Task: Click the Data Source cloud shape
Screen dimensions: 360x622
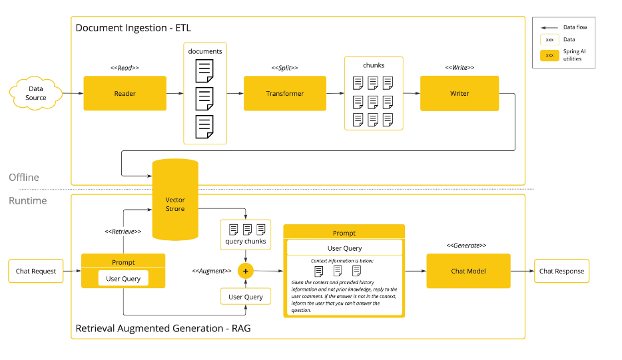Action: [x=36, y=93]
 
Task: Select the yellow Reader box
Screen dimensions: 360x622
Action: [x=125, y=93]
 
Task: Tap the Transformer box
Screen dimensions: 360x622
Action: [x=284, y=93]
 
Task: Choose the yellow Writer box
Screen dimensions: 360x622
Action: [x=459, y=93]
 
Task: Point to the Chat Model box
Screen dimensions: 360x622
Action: [x=468, y=271]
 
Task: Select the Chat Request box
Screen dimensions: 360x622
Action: [x=36, y=271]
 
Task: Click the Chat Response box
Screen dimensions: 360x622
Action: [x=561, y=271]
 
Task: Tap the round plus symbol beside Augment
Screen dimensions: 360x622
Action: [x=246, y=271]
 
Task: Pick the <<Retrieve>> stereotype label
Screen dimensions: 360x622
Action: [x=123, y=232]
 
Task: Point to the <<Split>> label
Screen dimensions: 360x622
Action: [x=284, y=68]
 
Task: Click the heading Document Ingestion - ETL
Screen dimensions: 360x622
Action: [x=133, y=28]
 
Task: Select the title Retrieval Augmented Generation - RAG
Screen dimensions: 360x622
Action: [x=163, y=328]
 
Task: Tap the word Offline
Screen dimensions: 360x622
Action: [x=24, y=178]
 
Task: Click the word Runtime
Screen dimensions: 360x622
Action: [x=28, y=200]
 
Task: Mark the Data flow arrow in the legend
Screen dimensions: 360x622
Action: [x=549, y=27]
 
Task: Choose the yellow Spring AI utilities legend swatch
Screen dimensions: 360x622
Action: [x=549, y=55]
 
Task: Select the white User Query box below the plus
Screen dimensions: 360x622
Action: [x=246, y=297]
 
